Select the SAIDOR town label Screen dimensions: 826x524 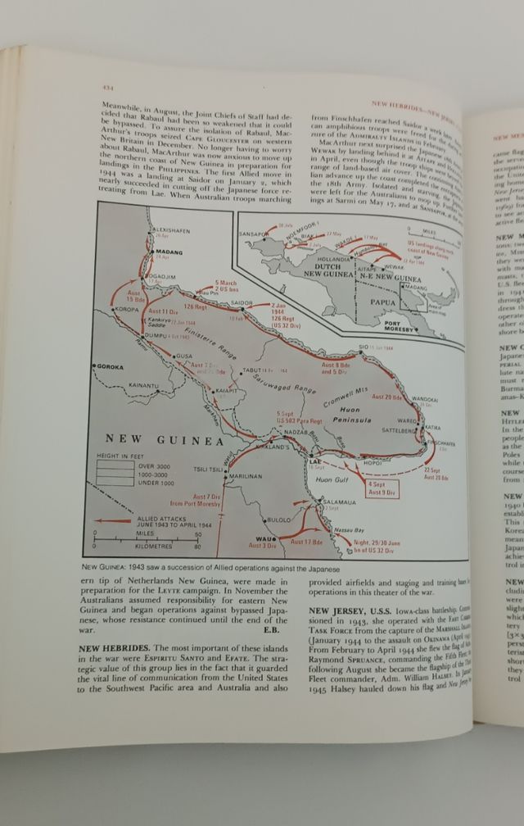(x=241, y=303)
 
